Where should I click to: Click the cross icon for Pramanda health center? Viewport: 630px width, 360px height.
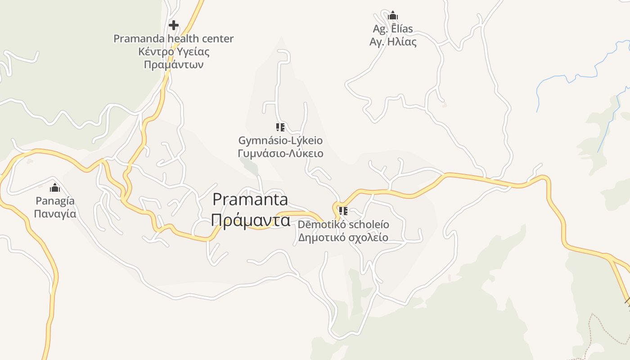click(x=174, y=25)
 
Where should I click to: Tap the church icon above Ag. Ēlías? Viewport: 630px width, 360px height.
click(x=393, y=16)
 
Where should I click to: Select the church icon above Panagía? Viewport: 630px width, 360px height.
click(x=55, y=188)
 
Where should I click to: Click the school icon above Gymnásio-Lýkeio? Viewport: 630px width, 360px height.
click(x=280, y=127)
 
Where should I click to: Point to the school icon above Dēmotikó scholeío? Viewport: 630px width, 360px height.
click(x=343, y=211)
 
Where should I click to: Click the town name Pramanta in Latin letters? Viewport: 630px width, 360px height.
click(x=250, y=199)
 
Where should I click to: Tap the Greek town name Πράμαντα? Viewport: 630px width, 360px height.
click(x=250, y=220)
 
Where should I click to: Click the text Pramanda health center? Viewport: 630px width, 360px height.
click(x=174, y=39)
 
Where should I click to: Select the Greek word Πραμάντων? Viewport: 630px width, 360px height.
click(x=174, y=64)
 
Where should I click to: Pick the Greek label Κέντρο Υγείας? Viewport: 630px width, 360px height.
click(x=174, y=51)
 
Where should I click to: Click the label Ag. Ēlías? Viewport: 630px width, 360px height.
click(x=393, y=29)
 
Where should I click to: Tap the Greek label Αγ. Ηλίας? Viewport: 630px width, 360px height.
click(x=393, y=42)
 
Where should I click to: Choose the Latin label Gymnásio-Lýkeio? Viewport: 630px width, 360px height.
click(x=280, y=140)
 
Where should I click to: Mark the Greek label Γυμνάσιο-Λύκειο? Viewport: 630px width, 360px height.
click(x=280, y=153)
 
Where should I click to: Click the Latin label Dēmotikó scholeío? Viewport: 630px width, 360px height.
click(x=343, y=224)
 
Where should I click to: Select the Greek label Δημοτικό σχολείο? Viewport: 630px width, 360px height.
click(x=343, y=237)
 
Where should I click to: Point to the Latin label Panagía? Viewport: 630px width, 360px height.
click(x=55, y=201)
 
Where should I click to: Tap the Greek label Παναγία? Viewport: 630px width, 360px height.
click(x=55, y=214)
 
